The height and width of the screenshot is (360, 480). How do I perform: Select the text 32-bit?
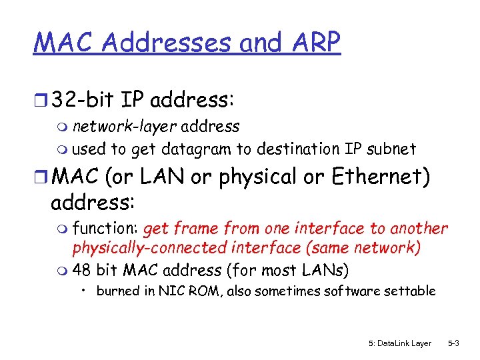[83, 101]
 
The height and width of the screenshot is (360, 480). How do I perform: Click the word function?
[105, 229]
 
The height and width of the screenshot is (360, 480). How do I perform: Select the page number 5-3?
[453, 343]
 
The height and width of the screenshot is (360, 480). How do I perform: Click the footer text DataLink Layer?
[404, 343]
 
